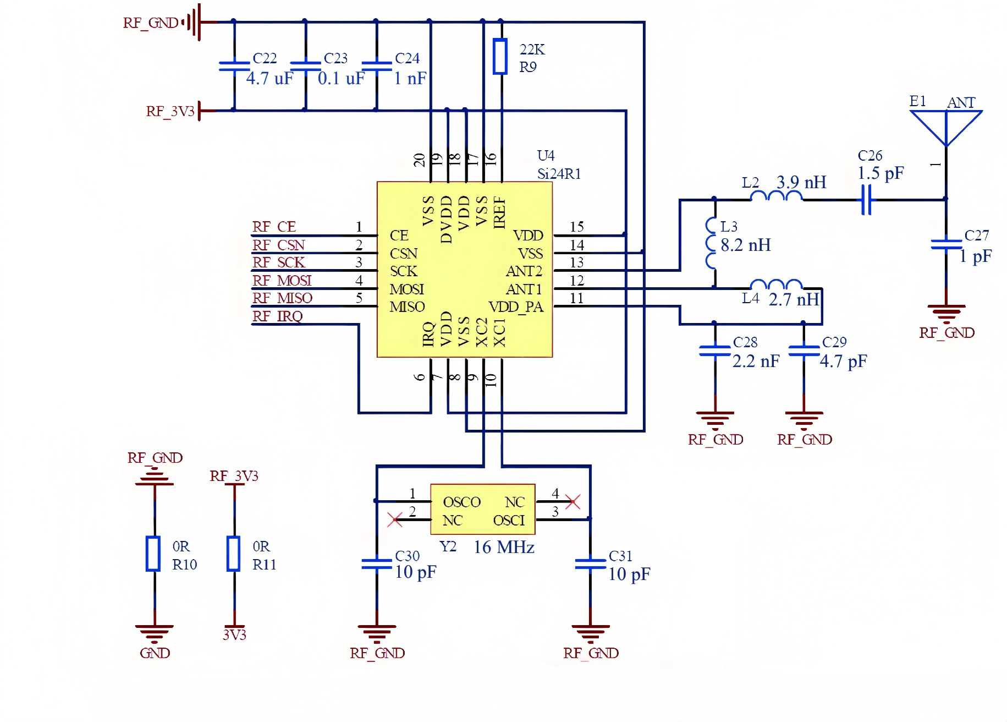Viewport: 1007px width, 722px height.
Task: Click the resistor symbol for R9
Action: [x=499, y=56]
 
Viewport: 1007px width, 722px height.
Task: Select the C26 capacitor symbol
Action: [x=866, y=199]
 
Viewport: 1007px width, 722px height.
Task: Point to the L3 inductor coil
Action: [x=711, y=243]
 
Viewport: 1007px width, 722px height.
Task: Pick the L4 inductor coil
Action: [x=777, y=285]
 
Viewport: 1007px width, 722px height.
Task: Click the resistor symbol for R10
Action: [x=153, y=554]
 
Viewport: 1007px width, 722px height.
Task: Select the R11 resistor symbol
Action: [x=234, y=554]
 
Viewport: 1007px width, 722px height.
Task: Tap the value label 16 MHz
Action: [x=504, y=547]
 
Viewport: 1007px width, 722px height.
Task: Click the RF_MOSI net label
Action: [x=282, y=281]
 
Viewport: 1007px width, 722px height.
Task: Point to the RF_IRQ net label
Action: [x=277, y=316]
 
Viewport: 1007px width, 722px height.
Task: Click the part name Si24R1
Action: [x=559, y=174]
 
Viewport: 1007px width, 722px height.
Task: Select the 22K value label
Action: [x=532, y=50]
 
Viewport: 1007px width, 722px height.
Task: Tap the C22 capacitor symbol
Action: [x=234, y=65]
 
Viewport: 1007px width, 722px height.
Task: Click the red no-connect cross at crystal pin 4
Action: [x=573, y=501]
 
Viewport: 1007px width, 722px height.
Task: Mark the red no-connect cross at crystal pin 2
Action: [x=395, y=519]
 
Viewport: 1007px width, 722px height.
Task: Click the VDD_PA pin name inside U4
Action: [x=516, y=307]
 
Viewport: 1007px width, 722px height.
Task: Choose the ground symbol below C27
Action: [x=946, y=313]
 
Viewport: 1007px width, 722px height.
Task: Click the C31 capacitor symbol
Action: [x=590, y=564]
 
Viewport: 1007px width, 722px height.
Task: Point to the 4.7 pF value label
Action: [x=843, y=362]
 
